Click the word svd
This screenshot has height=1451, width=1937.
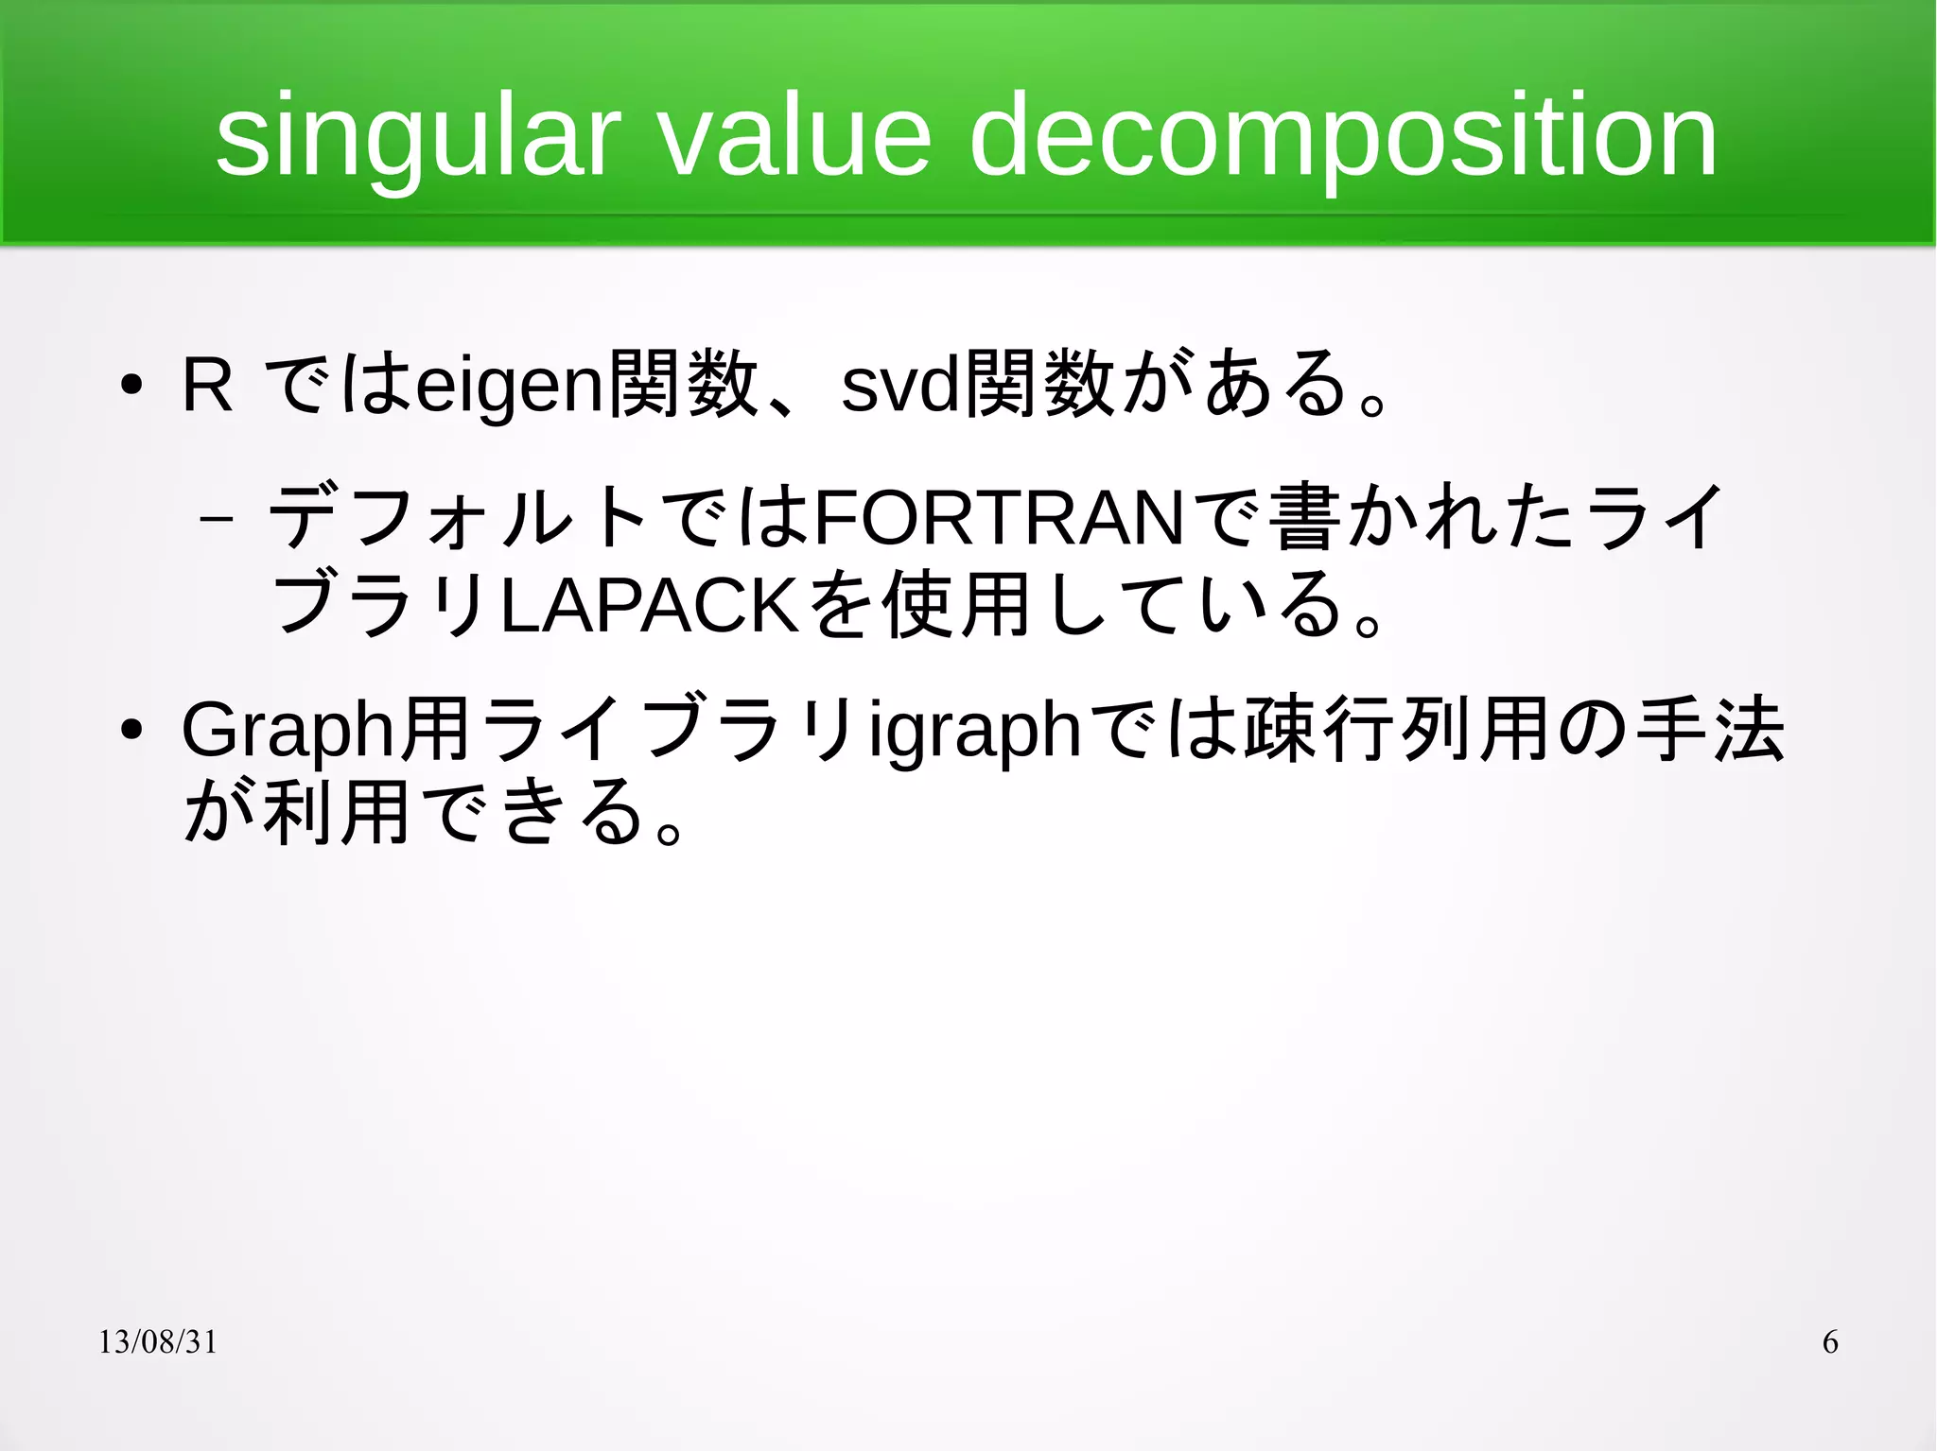(x=899, y=387)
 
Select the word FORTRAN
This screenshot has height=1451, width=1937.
(x=999, y=518)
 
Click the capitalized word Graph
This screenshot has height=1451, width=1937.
(x=288, y=730)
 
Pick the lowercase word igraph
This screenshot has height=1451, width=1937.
(x=975, y=732)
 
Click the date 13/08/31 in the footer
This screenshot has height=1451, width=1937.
(x=158, y=1342)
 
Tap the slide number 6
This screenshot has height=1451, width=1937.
(x=1830, y=1342)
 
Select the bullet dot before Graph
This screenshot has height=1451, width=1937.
(x=131, y=730)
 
